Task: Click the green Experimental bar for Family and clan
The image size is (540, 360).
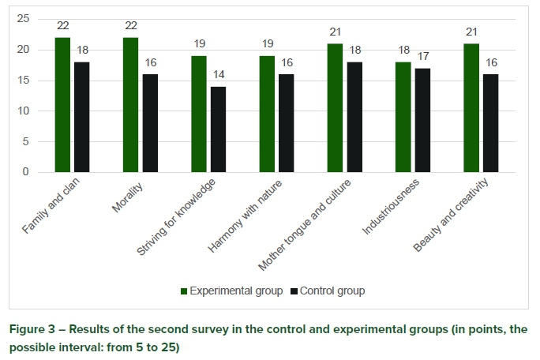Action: click(62, 105)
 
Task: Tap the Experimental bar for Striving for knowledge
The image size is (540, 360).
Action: click(199, 114)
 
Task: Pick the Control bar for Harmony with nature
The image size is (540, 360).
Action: click(286, 123)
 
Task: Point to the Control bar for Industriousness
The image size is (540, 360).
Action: click(422, 120)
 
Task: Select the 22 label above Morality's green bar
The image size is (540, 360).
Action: click(130, 26)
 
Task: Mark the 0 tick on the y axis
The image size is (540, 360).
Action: click(25, 172)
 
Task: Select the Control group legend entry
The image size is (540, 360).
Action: click(327, 291)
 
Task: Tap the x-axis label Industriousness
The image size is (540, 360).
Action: click(393, 208)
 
